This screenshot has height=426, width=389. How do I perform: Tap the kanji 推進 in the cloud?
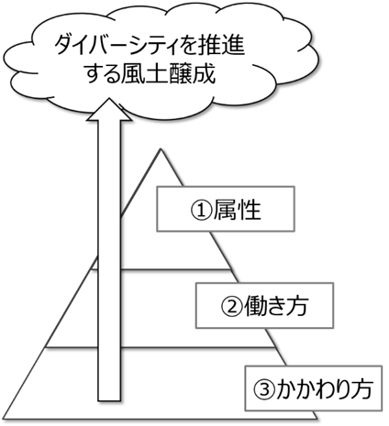pyautogui.click(x=225, y=46)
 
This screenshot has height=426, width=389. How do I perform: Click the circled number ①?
pyautogui.click(x=201, y=211)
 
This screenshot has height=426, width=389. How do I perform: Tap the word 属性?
pyautogui.click(x=237, y=210)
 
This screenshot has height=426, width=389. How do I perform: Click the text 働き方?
pyautogui.click(x=275, y=306)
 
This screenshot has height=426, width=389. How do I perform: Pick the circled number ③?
pyautogui.click(x=264, y=389)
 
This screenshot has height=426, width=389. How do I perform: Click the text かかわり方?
pyautogui.click(x=324, y=389)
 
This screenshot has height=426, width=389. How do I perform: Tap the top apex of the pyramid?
pyautogui.click(x=161, y=148)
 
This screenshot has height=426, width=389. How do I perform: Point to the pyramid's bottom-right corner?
pyautogui.click(x=317, y=419)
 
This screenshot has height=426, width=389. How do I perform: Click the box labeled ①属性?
pyautogui.click(x=226, y=209)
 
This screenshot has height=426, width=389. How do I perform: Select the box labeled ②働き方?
pyautogui.click(x=264, y=306)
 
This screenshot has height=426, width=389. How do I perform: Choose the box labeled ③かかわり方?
pyautogui.click(x=314, y=388)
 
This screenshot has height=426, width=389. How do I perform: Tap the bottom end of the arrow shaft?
pyautogui.click(x=109, y=400)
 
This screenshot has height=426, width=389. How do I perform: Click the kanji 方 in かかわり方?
pyautogui.click(x=361, y=389)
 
